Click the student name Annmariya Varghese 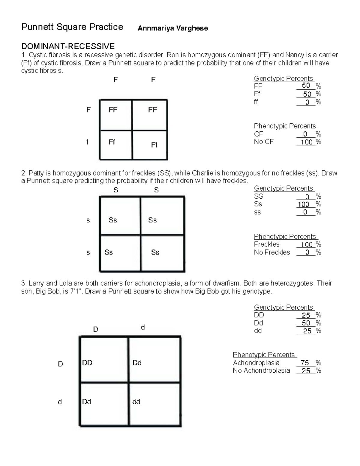(172, 28)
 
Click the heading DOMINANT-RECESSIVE (68, 46)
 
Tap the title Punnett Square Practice (72, 27)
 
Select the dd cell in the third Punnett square (136, 402)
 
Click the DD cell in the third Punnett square (87, 363)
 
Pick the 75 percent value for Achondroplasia (305, 363)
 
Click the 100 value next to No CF (307, 142)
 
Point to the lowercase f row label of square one (87, 142)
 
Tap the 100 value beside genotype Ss (304, 204)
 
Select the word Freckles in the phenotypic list (266, 244)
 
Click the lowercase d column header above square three (143, 327)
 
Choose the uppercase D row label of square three (60, 364)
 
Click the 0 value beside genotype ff (307, 102)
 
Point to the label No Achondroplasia (261, 371)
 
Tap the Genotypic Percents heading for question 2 (283, 188)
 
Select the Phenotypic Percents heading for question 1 (285, 126)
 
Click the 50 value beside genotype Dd (306, 323)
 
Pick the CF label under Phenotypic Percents (258, 134)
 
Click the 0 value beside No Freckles (307, 252)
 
